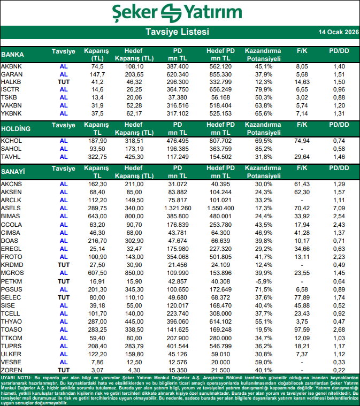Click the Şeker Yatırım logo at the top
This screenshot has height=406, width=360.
180,12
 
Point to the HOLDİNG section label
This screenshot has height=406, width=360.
16,129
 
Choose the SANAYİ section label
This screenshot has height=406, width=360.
14,172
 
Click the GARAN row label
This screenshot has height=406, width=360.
11,74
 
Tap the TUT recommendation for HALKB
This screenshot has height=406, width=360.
64,82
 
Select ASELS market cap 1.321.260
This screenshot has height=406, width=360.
174,208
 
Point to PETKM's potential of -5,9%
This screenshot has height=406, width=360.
264,281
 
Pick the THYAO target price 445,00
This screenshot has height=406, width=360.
134,321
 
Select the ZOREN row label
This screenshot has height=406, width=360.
12,370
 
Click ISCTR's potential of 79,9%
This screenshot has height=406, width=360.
264,89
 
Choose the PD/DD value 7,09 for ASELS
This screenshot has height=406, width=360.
339,208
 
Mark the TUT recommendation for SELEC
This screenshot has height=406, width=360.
64,297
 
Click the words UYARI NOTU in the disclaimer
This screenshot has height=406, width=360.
16,378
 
